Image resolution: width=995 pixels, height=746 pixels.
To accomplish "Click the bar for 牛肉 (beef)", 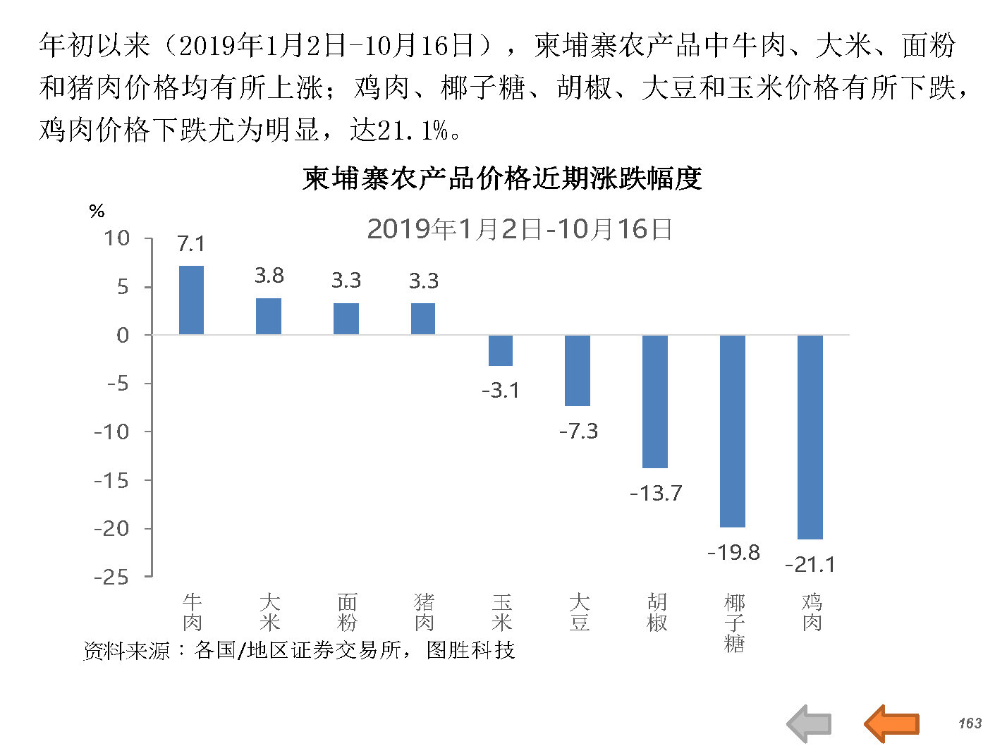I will (x=191, y=300).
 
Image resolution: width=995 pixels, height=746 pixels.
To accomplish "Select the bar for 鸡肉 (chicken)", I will (x=810, y=436).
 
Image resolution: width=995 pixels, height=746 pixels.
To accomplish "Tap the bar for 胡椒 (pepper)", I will (x=655, y=401).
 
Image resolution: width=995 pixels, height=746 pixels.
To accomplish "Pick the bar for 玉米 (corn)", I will (x=501, y=350).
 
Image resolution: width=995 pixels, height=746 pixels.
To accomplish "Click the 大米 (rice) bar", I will (x=269, y=316).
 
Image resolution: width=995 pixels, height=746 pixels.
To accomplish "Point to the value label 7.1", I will (x=191, y=244).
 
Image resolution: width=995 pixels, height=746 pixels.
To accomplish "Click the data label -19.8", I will (x=733, y=552).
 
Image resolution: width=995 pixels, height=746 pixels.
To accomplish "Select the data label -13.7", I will (x=656, y=493).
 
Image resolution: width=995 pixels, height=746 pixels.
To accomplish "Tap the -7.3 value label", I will (x=578, y=431).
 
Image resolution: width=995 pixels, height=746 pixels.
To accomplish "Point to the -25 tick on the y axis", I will (x=112, y=577).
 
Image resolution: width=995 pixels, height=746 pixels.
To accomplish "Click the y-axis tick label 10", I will (x=117, y=238).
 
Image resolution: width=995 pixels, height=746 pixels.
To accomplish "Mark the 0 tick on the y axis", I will (x=123, y=335).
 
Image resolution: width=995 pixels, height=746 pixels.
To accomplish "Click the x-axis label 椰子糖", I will (x=734, y=623).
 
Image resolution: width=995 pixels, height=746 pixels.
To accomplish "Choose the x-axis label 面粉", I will (x=347, y=612).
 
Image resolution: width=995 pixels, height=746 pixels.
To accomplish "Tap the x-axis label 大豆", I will (x=579, y=612).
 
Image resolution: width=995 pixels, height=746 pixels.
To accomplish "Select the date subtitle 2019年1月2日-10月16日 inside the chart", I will (x=519, y=229).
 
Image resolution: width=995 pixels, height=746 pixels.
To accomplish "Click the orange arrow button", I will (x=891, y=723).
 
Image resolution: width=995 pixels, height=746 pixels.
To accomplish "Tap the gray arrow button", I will (x=809, y=723).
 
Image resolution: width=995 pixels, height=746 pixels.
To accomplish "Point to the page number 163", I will (x=970, y=723).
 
